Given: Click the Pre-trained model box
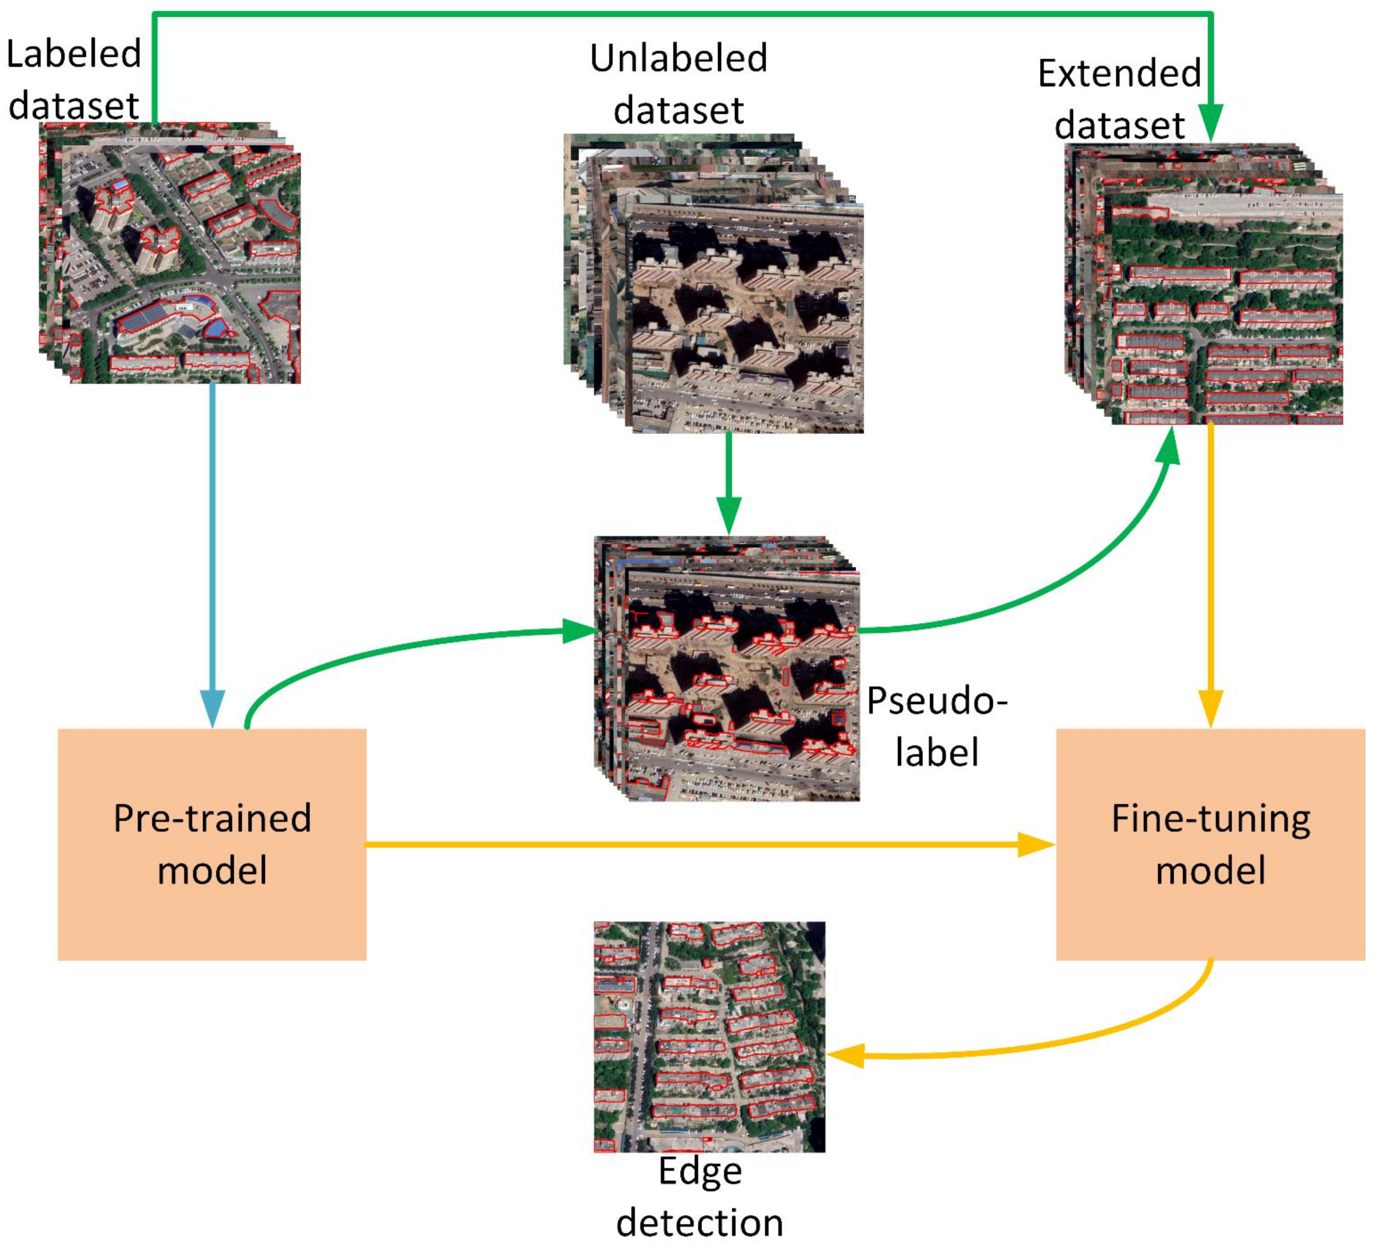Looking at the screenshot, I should (x=212, y=844).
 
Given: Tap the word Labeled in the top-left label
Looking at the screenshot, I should (x=74, y=55).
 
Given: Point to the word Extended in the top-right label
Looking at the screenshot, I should (x=1119, y=74).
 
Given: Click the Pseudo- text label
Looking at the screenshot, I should (x=937, y=701).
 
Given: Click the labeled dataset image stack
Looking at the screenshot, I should (x=171, y=253).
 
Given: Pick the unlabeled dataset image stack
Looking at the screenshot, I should (x=714, y=284).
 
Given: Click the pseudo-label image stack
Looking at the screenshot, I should (x=728, y=670).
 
